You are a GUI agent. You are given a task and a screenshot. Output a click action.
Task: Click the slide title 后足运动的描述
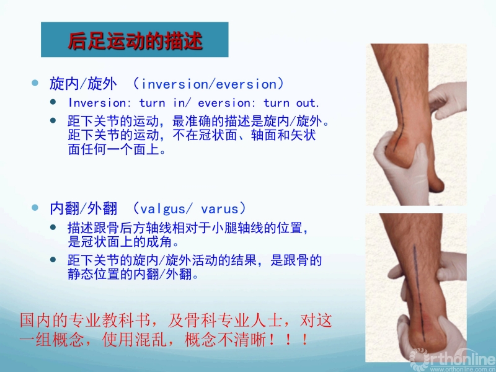[x=135, y=41]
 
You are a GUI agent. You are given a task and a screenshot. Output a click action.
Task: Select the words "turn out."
[x=291, y=103]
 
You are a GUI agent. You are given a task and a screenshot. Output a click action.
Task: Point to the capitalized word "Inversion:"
[x=97, y=103]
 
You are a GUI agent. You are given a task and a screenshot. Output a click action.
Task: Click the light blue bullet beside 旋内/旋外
[x=35, y=83]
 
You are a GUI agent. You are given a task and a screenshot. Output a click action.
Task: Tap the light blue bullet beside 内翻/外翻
[x=35, y=208]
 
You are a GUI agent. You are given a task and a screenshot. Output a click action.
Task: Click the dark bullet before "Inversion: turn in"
[x=53, y=102]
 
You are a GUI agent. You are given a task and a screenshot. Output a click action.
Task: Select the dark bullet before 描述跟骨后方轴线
[x=53, y=227]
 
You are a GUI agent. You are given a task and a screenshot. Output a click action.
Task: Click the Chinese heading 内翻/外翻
[x=84, y=209]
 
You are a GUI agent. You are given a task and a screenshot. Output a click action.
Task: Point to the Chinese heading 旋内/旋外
[x=84, y=84]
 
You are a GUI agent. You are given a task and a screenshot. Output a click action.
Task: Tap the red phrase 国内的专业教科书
[x=85, y=321]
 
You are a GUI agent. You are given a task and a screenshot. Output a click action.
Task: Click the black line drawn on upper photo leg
[x=399, y=114]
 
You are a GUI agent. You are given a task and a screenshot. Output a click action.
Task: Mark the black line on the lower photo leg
[x=418, y=293]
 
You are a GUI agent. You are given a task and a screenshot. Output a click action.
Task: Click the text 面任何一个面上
[x=117, y=149]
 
